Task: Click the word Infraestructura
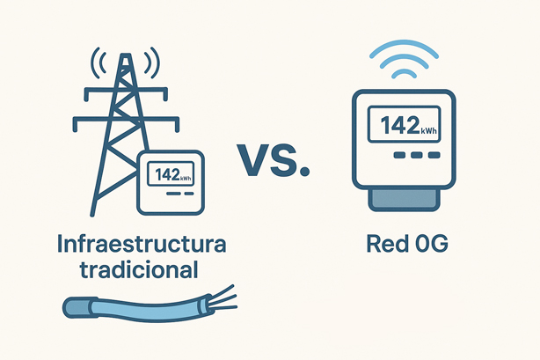(x=142, y=244)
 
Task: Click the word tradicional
(x=139, y=269)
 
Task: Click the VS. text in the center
(x=274, y=160)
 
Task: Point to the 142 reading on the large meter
(x=400, y=125)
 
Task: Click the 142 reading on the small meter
(x=167, y=175)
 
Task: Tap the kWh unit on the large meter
(x=429, y=130)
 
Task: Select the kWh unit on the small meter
(x=186, y=179)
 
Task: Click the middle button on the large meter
(x=417, y=155)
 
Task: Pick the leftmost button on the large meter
(x=399, y=155)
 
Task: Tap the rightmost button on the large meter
(x=434, y=155)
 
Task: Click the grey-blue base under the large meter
(x=404, y=199)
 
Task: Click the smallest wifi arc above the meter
(x=404, y=71)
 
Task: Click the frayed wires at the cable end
(x=223, y=298)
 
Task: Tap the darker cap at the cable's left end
(x=77, y=307)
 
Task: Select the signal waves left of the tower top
(x=99, y=62)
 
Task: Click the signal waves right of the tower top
(x=152, y=62)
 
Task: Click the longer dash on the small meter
(x=173, y=194)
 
